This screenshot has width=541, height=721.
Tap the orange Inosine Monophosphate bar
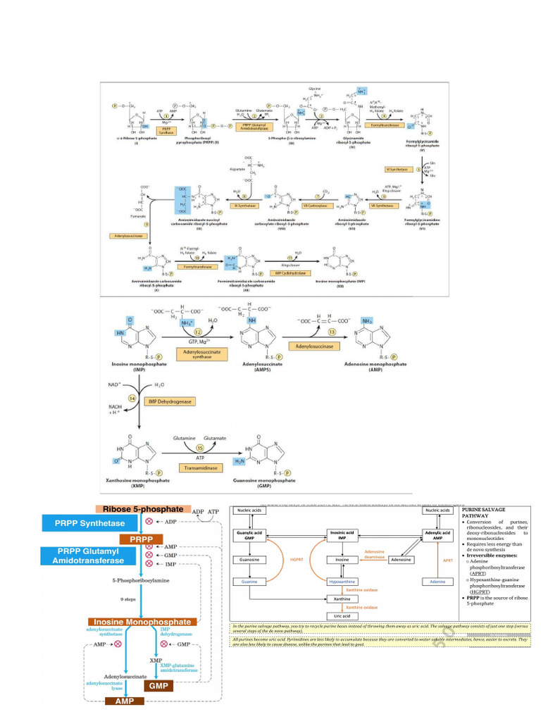141,622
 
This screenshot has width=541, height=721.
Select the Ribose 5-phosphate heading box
143,509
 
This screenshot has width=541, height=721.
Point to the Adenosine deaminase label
374,555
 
